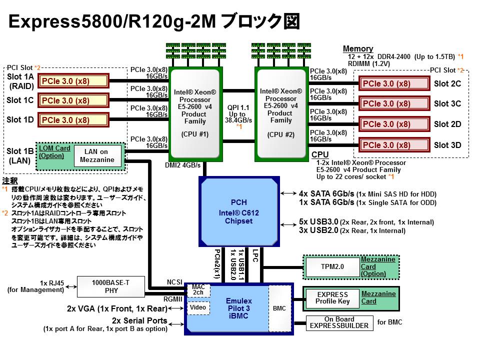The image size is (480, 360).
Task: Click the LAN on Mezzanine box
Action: (97, 155)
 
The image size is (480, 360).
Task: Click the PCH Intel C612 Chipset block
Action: (238, 211)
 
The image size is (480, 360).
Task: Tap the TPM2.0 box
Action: (332, 267)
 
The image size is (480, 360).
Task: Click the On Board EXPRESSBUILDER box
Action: (339, 322)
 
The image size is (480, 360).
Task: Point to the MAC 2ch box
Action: (198, 289)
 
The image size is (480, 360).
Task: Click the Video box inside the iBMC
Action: (198, 307)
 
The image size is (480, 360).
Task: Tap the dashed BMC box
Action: (279, 308)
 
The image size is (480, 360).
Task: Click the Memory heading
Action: (358, 48)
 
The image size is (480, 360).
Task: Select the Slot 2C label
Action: (447, 83)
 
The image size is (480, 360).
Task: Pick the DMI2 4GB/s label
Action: (182, 165)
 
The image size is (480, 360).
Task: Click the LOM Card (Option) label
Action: (55, 151)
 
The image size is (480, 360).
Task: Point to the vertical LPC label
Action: (255, 255)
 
